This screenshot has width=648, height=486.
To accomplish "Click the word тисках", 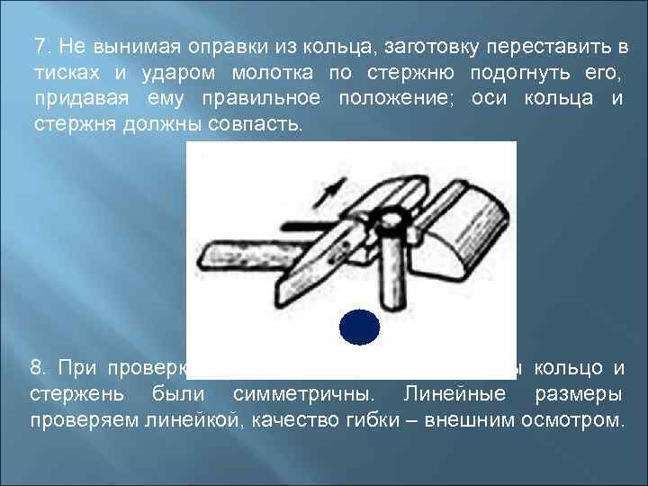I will pyautogui.click(x=63, y=71).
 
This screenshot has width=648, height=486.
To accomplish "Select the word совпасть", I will pyautogui.click(x=256, y=122).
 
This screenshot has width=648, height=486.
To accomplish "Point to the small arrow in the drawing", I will pyautogui.click(x=334, y=189).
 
